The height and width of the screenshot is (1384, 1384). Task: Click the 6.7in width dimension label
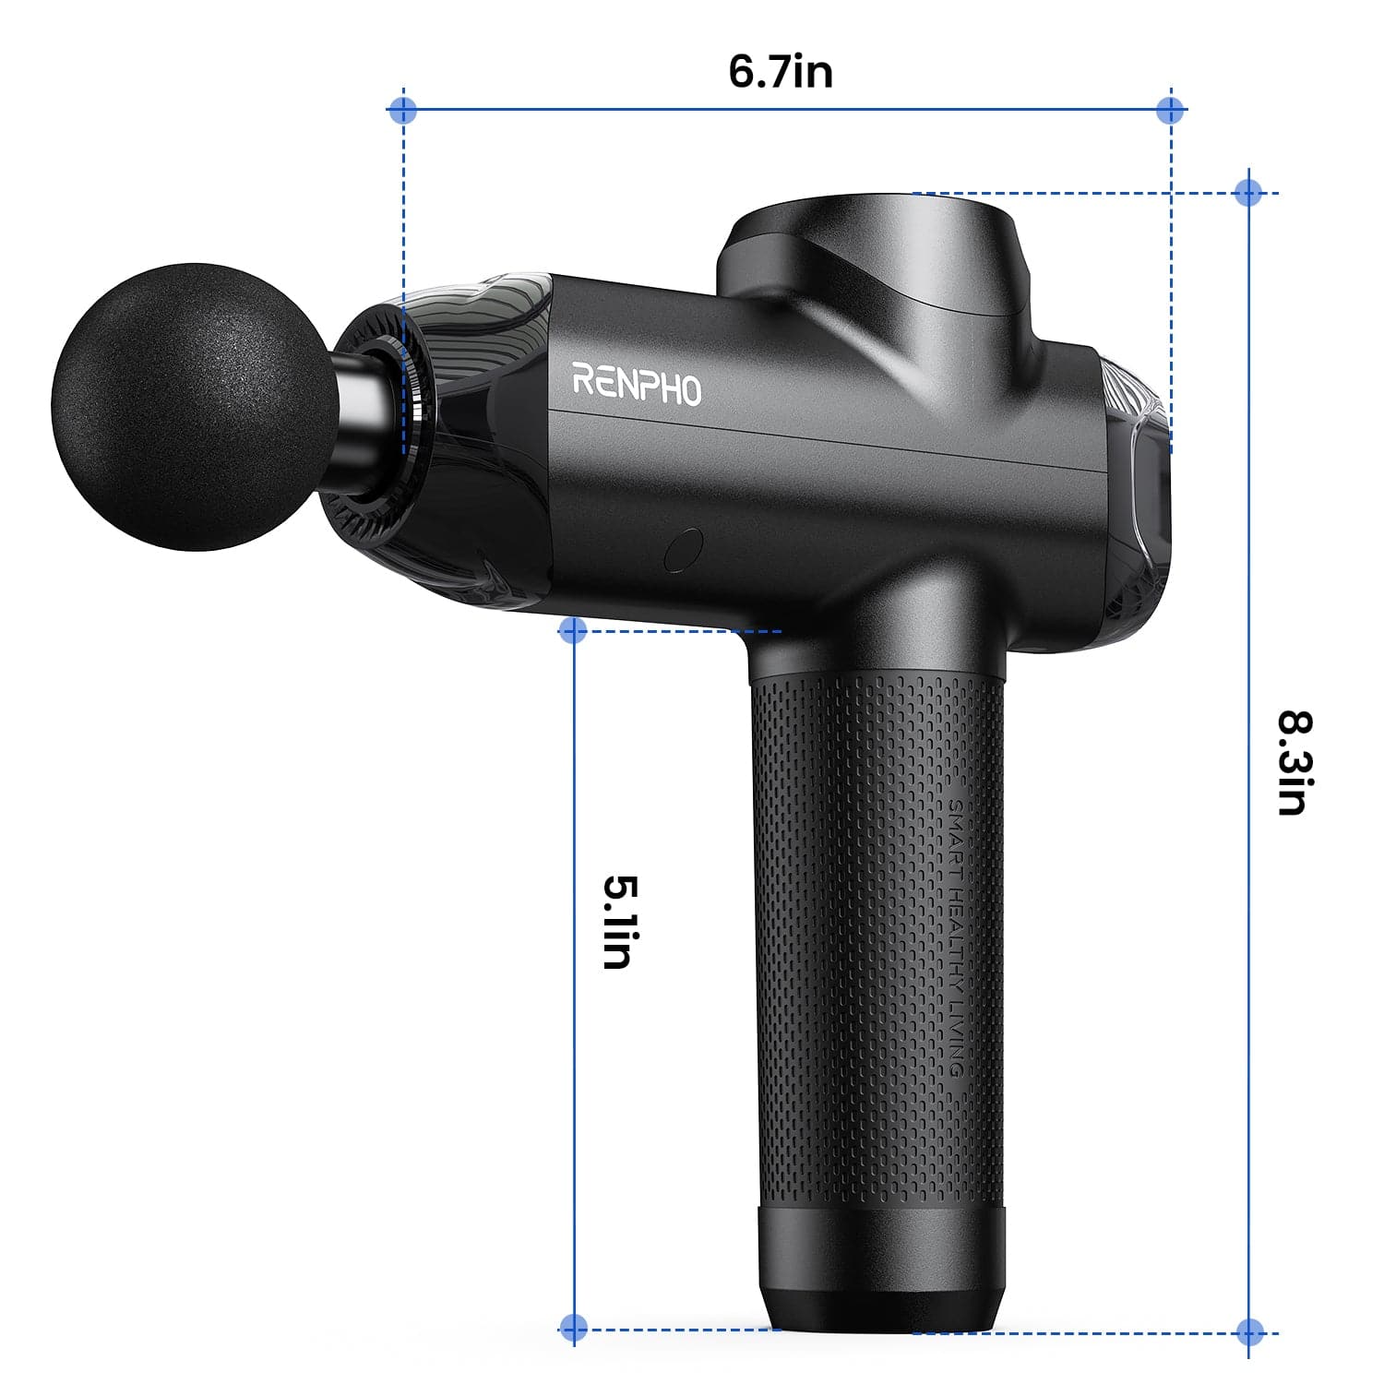click(x=781, y=72)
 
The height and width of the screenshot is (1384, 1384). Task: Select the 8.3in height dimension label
click(x=1294, y=762)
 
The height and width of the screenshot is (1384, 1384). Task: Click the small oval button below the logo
click(x=683, y=550)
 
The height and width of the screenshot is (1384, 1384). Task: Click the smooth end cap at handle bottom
click(x=881, y=1264)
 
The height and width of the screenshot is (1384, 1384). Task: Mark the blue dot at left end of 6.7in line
click(x=403, y=111)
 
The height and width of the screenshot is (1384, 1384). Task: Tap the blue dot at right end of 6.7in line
click(x=1170, y=111)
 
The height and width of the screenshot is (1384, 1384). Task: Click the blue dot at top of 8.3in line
click(x=1248, y=193)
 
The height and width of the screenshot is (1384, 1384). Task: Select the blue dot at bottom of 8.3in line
click(x=1249, y=1331)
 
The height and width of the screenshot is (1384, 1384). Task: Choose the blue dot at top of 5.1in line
click(x=573, y=630)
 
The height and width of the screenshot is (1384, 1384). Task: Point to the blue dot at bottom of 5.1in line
click(x=573, y=1328)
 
